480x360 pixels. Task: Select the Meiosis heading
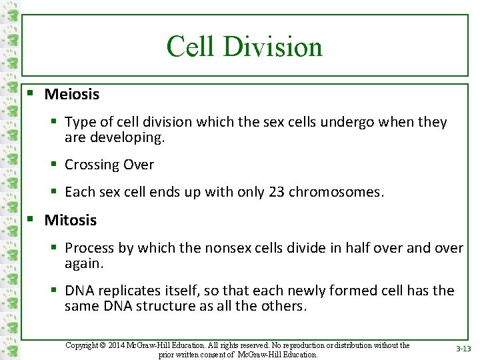71,95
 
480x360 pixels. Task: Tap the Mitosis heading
70,220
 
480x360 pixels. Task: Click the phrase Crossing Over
109,165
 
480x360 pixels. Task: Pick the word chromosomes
337,193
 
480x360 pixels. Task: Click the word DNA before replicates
79,291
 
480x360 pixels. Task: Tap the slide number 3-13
463,349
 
